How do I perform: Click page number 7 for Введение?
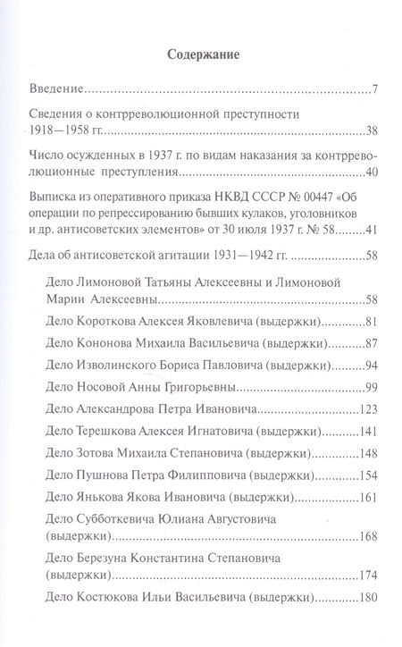pyautogui.click(x=378, y=91)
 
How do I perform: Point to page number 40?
pyautogui.click(x=374, y=172)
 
